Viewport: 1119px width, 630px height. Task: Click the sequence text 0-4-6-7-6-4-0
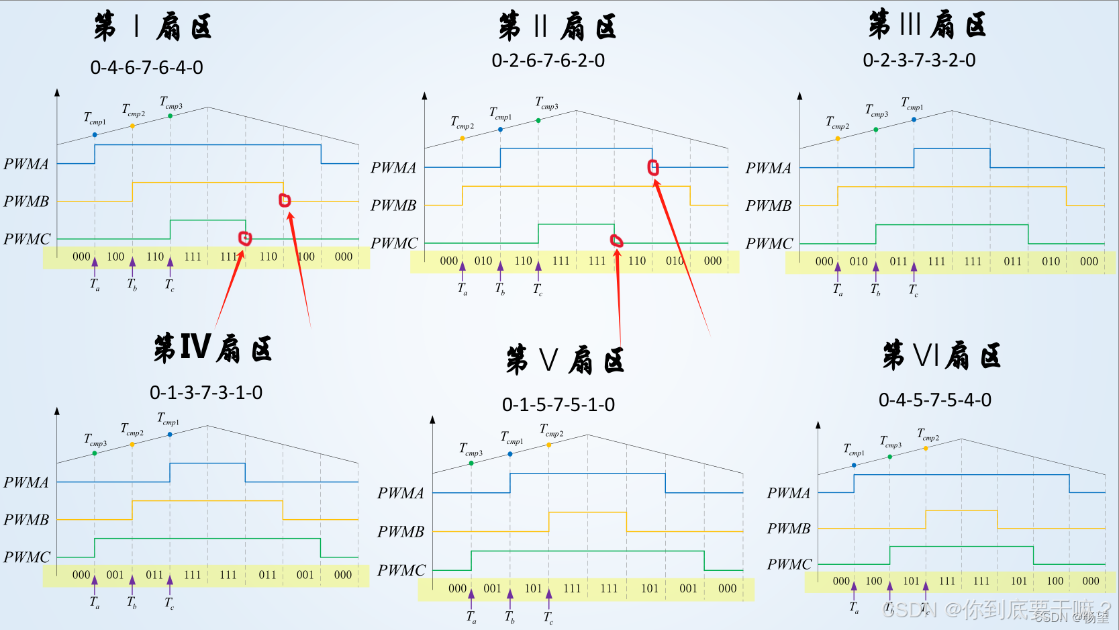146,68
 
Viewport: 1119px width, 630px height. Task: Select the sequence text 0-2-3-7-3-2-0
919,60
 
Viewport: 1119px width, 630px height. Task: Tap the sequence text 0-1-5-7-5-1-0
558,405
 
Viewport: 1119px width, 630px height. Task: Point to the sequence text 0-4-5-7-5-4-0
934,400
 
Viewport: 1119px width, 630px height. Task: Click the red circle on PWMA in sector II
653,167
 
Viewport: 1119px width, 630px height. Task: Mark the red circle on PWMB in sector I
285,200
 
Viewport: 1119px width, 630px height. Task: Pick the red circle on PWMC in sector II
616,240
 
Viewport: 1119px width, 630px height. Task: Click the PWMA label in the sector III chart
768,169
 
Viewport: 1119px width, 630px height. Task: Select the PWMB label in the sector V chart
401,532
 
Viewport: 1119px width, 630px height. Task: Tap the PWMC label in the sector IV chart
27,557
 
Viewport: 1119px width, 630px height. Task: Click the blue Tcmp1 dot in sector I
95,135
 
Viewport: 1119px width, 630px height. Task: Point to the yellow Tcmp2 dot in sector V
549,445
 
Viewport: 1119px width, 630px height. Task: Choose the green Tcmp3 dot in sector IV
95,453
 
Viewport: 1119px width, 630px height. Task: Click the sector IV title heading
213,349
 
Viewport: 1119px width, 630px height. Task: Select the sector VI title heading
941,355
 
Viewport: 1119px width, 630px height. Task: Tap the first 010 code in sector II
483,261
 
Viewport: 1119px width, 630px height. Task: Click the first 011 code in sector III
898,262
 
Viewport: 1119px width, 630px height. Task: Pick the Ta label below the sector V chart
471,617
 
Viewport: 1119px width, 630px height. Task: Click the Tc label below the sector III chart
913,290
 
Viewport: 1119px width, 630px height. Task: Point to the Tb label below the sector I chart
132,285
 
